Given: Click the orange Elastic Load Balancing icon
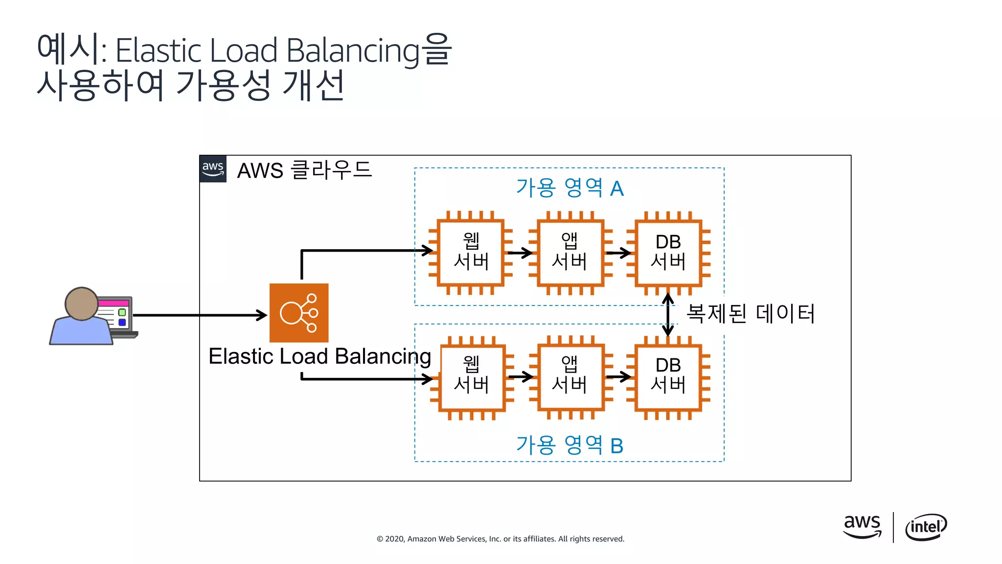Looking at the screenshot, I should pyautogui.click(x=298, y=312).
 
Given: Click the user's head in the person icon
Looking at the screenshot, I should pyautogui.click(x=82, y=304).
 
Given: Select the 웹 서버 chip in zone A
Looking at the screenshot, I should pyautogui.click(x=471, y=253).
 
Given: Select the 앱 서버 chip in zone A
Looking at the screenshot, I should pyautogui.click(x=569, y=253).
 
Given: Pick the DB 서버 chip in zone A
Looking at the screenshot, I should pyautogui.click(x=668, y=253).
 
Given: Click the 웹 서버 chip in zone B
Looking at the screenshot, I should pyautogui.click(x=472, y=376).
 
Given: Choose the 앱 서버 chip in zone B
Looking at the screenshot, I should pyautogui.click(x=569, y=376).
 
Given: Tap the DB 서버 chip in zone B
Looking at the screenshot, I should pyautogui.click(x=668, y=376).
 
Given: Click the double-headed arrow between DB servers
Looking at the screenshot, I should pyautogui.click(x=668, y=315).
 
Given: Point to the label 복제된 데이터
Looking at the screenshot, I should pyautogui.click(x=750, y=313).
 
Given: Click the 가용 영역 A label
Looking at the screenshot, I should pyautogui.click(x=569, y=188).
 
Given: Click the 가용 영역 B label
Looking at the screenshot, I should pyautogui.click(x=569, y=445).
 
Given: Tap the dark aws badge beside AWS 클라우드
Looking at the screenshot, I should pyautogui.click(x=213, y=169).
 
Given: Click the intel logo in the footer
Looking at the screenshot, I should pyautogui.click(x=926, y=527).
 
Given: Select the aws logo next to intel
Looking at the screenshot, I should pyautogui.click(x=862, y=526).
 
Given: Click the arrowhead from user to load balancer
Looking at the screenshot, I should pyautogui.click(x=262, y=315).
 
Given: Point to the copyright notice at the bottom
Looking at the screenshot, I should pyautogui.click(x=500, y=539).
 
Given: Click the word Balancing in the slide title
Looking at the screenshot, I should pyautogui.click(x=353, y=50).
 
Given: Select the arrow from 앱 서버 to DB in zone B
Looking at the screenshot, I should pyautogui.click(x=618, y=376).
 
